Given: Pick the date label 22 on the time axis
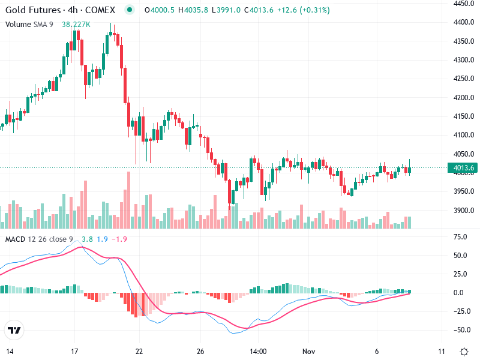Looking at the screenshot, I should click(x=139, y=351).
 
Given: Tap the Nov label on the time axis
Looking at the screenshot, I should click(x=308, y=351).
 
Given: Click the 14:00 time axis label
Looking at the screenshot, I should click(x=258, y=351).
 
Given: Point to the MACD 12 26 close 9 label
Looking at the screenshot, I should click(x=39, y=239).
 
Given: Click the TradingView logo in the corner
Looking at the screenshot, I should click(x=14, y=330).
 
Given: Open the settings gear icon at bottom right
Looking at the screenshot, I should click(x=464, y=351).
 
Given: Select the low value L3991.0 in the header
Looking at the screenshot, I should click(x=218, y=11).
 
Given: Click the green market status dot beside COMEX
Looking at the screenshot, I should click(x=129, y=10).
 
